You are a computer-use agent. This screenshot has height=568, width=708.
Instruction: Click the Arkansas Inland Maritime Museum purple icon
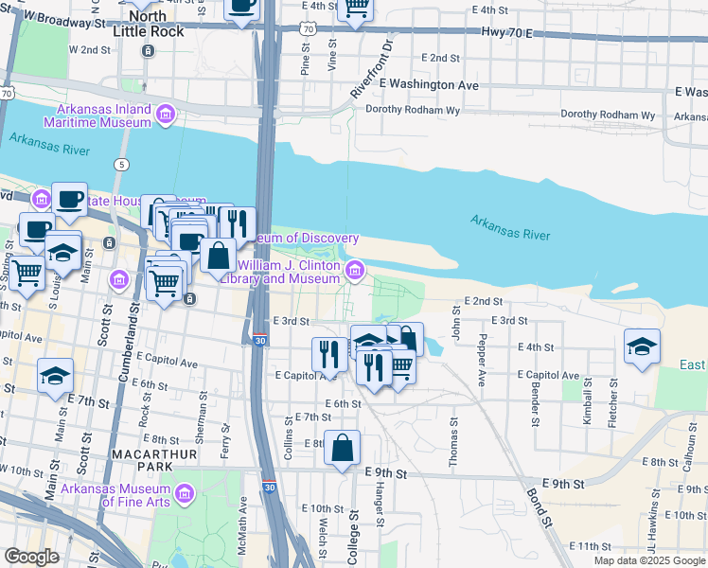pyautogui.click(x=166, y=115)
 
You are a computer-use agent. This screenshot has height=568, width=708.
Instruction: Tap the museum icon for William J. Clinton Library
pyautogui.click(x=355, y=272)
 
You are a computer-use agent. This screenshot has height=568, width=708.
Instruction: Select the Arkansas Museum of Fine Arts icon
pyautogui.click(x=185, y=494)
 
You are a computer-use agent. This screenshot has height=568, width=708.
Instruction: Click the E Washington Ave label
pyautogui.click(x=429, y=85)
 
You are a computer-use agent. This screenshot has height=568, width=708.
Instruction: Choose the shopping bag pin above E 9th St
pyautogui.click(x=342, y=448)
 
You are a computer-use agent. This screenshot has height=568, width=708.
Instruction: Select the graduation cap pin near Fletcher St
pyautogui.click(x=642, y=346)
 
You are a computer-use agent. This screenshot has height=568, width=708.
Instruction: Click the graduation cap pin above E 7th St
pyautogui.click(x=56, y=376)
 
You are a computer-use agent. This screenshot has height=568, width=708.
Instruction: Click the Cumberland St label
pyautogui.click(x=123, y=350)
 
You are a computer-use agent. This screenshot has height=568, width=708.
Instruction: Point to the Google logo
pyautogui.click(x=32, y=557)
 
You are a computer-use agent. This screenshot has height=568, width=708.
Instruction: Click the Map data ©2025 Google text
pyautogui.click(x=648, y=560)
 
